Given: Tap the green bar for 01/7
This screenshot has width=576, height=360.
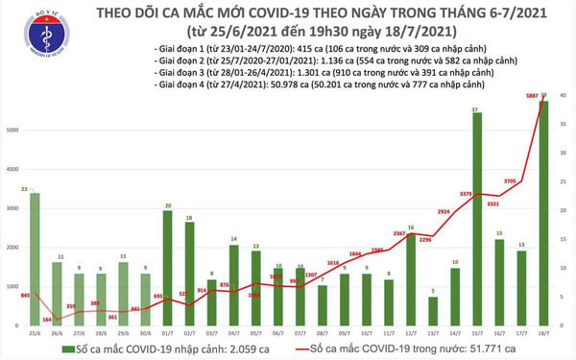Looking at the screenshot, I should click(167, 269).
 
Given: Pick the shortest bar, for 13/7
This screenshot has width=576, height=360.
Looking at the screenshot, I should click(433, 311).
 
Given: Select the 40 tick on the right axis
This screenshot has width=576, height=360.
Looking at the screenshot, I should click(562, 96).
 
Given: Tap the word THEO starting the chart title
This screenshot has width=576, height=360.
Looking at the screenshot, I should click(91, 14).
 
